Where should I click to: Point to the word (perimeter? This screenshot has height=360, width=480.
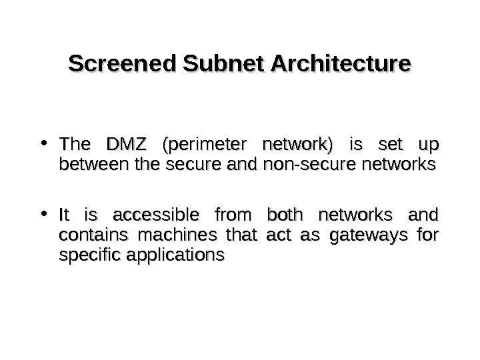201,145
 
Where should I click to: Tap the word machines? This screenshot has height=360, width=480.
157,235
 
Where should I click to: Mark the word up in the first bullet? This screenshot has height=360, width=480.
428,145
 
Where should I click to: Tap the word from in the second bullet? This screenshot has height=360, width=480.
232,216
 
